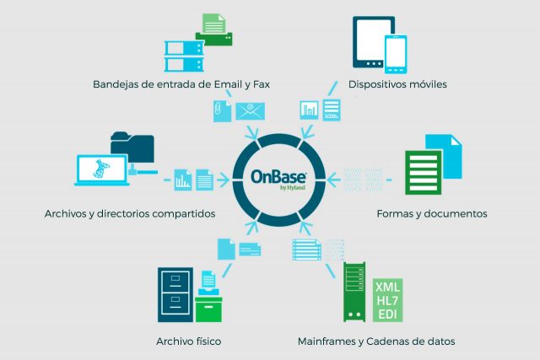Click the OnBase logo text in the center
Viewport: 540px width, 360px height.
point(278,176)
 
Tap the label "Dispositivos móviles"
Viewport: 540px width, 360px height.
point(397,84)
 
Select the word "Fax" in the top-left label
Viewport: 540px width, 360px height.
point(262,84)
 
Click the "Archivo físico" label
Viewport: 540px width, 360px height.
point(189,341)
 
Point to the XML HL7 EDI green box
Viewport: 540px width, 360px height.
point(387,300)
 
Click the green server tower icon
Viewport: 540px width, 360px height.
point(354,292)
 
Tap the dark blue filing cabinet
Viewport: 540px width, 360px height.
point(175,294)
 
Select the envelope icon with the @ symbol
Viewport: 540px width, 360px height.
point(250,111)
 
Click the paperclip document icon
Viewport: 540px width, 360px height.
point(222,111)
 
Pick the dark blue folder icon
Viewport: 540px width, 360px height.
point(132,147)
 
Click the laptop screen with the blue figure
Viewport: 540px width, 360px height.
point(102,170)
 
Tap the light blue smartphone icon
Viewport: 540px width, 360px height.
point(396,54)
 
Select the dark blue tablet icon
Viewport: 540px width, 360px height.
point(372,42)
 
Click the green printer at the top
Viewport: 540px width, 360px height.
point(213,30)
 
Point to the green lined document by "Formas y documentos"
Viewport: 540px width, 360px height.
point(423,173)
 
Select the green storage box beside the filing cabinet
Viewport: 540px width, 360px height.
point(208,309)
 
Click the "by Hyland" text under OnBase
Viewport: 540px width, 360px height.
point(293,187)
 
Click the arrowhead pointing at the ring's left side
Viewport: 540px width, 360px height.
point(224,180)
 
